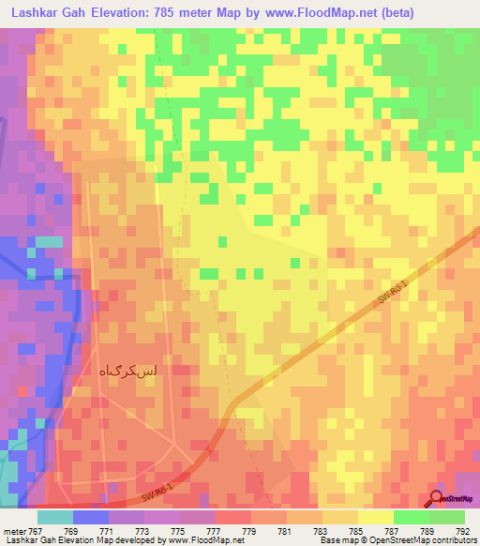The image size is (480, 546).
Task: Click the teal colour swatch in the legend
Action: pos(55,517)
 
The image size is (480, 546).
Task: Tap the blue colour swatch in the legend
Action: pos(91,517)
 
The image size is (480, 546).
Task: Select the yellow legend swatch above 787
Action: pos(376,517)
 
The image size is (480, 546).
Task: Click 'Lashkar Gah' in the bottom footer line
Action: pos(28,540)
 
